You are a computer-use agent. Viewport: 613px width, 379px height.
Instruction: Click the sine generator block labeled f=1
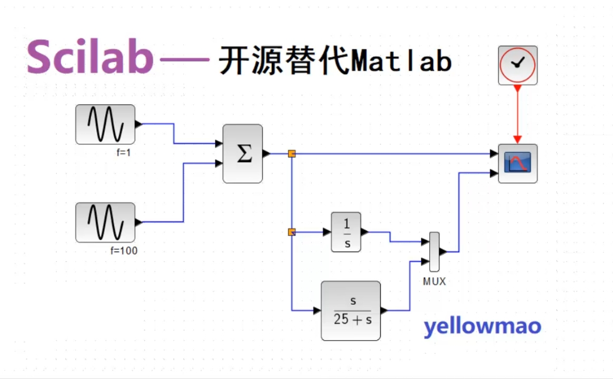tap(105, 124)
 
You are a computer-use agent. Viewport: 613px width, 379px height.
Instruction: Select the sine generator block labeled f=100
tap(105, 222)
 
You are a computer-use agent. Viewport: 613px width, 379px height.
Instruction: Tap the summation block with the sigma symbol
tap(242, 154)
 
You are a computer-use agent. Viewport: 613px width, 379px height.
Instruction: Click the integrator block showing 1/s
tap(346, 232)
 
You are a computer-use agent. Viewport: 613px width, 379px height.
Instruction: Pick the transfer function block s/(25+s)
tap(351, 311)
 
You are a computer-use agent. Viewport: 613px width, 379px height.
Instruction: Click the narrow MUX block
tap(434, 252)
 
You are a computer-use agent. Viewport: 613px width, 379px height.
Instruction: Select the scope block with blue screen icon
tap(518, 163)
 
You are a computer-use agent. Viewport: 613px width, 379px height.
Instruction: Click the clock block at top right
tap(518, 65)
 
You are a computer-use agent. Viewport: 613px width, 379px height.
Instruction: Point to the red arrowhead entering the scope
tap(518, 140)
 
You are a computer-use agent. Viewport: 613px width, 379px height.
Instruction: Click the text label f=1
tap(124, 152)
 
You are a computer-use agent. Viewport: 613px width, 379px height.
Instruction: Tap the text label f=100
tap(123, 250)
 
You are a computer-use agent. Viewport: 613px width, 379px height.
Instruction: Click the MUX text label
tap(434, 281)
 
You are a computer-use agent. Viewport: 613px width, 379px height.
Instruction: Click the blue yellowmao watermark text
tap(482, 327)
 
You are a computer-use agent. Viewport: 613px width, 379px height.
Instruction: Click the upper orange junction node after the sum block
tap(292, 154)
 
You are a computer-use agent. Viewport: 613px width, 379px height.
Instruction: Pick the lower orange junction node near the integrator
tap(292, 232)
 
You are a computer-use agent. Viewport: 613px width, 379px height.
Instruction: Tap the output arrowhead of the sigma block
tap(266, 154)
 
